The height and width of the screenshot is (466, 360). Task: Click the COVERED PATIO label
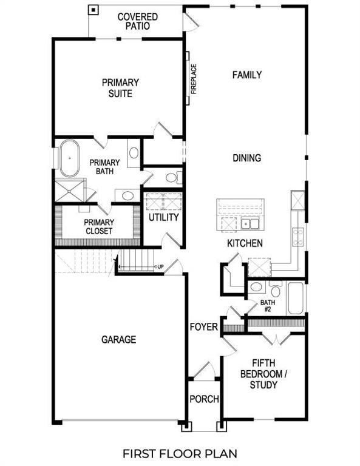(138, 21)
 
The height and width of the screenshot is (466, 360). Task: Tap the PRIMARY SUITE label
(120, 88)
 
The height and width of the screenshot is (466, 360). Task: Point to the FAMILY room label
(247, 75)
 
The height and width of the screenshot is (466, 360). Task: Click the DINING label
(247, 158)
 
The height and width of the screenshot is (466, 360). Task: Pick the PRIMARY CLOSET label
(98, 226)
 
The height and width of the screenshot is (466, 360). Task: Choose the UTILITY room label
(164, 217)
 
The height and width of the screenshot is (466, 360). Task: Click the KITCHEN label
(245, 243)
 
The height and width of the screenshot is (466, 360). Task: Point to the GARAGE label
(118, 340)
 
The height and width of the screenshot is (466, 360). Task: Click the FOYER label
(203, 327)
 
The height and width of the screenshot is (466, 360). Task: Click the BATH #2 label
(268, 306)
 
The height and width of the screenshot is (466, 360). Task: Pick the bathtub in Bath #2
(296, 298)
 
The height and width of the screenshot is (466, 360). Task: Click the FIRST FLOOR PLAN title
(180, 453)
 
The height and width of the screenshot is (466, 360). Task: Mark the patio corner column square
(93, 10)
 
